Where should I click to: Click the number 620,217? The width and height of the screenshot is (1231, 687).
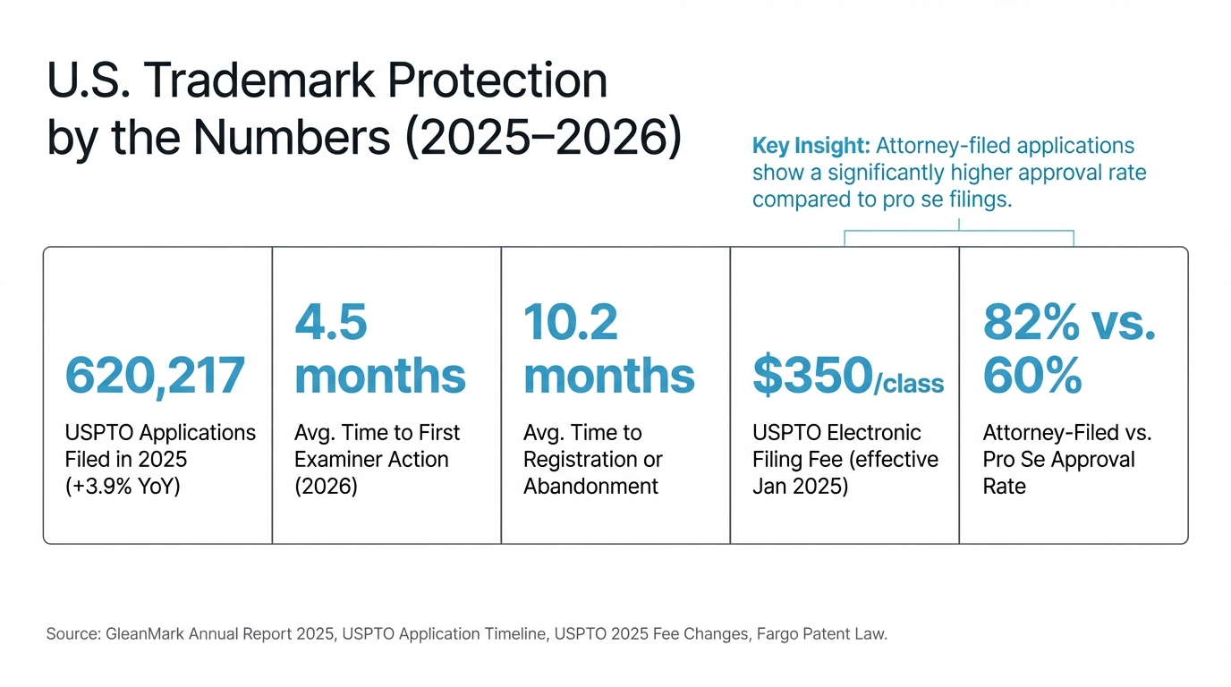point(155,377)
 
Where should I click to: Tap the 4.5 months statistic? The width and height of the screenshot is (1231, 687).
point(379,349)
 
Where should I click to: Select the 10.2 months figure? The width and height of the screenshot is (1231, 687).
point(608,349)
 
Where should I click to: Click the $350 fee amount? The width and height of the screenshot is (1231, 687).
point(811,377)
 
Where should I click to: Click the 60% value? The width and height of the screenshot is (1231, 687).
point(1032,377)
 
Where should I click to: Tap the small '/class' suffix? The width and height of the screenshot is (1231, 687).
point(908,385)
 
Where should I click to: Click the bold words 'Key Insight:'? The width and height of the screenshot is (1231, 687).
point(811,146)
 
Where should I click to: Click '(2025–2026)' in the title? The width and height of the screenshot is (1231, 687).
point(544,138)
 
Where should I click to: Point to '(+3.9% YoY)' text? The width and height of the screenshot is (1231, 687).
point(123,487)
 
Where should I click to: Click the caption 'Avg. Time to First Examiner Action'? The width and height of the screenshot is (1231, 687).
point(377,446)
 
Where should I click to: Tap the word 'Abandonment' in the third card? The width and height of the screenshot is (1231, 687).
point(590,487)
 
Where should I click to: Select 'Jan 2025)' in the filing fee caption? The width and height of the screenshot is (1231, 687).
point(800,487)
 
